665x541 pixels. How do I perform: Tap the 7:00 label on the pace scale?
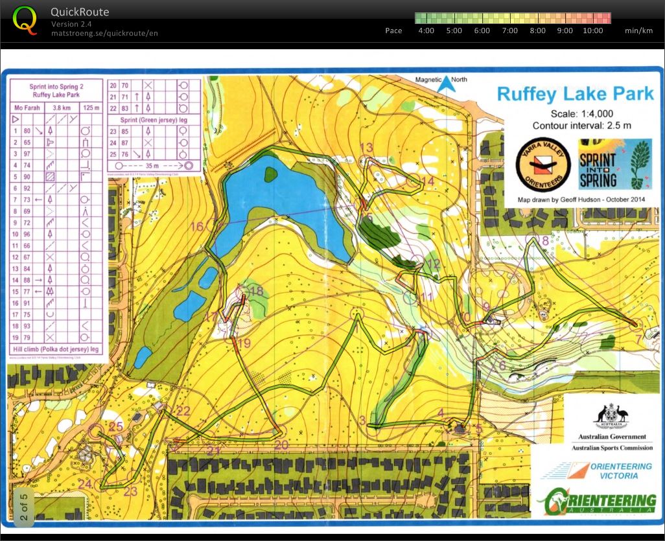click(x=509, y=30)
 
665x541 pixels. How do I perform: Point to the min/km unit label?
click(x=638, y=30)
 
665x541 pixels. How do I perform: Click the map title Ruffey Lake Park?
click(x=576, y=93)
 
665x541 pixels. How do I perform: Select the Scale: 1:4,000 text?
click(x=575, y=113)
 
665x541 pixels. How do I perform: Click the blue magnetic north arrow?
click(x=444, y=84)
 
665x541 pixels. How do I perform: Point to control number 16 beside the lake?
click(x=196, y=226)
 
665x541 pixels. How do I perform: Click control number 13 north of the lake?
click(x=366, y=147)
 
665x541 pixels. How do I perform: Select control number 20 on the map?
click(x=281, y=445)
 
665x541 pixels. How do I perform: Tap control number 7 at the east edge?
click(x=639, y=339)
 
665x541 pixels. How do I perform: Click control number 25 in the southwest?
click(x=116, y=426)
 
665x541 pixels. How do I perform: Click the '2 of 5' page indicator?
click(x=24, y=504)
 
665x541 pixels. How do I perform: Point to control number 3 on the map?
click(x=362, y=420)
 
